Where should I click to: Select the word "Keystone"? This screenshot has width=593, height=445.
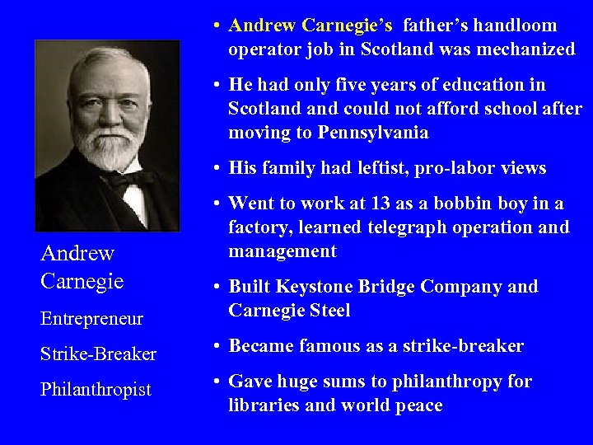[x=318, y=287]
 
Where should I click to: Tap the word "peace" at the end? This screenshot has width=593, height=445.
[x=419, y=405]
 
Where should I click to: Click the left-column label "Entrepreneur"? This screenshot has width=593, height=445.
[x=91, y=319]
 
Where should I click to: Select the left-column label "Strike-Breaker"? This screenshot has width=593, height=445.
[x=98, y=354]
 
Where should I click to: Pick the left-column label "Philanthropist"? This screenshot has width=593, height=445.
[x=96, y=390]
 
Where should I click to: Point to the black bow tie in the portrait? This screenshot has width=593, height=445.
[x=126, y=179]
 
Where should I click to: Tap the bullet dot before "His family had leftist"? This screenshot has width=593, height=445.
[x=214, y=169]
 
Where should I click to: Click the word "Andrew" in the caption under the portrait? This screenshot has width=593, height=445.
[x=77, y=254]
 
